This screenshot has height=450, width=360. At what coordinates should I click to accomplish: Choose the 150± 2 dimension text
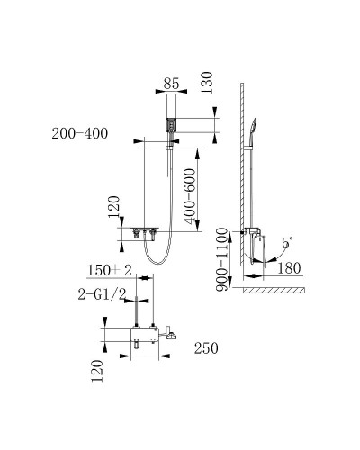[x=111, y=271]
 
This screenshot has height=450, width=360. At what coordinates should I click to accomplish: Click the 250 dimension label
[x=204, y=348]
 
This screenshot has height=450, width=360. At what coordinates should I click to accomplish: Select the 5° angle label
[x=286, y=243]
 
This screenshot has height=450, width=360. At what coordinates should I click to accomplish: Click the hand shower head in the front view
[x=170, y=124]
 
